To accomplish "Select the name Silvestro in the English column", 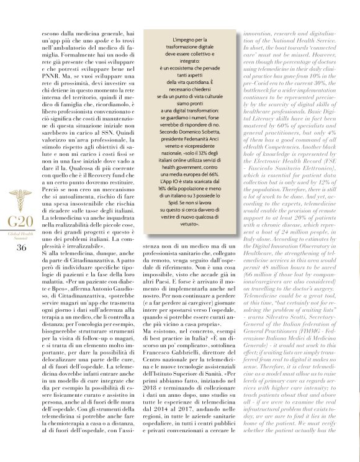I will click(x=286, y=339).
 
